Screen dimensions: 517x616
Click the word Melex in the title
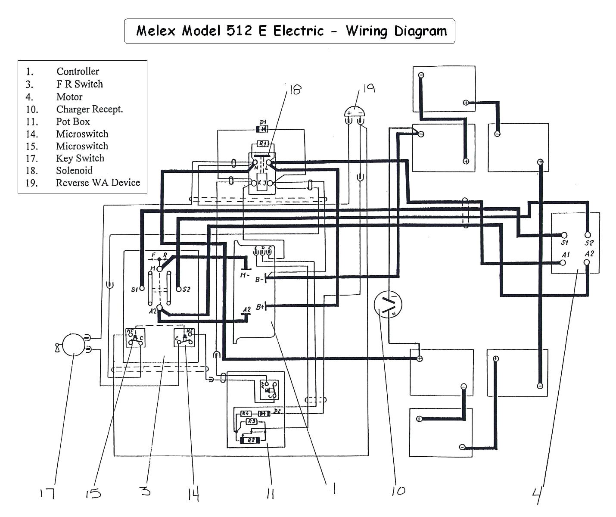tap(156, 31)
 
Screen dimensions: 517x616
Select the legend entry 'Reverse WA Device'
tap(98, 183)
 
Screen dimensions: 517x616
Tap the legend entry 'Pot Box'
tap(73, 121)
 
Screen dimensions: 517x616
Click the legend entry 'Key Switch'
tap(80, 158)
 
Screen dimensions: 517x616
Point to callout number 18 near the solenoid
tap(295, 90)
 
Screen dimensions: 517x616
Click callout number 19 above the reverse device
tap(369, 88)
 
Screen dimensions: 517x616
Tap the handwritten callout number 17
tap(47, 493)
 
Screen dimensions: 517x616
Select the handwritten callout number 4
tap(537, 495)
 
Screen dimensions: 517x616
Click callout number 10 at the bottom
tap(398, 491)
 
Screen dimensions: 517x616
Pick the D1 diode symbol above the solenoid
tap(262, 129)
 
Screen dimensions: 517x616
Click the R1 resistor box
tap(262, 143)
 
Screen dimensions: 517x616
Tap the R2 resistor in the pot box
tap(251, 440)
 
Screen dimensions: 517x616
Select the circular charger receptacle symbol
tap(388, 304)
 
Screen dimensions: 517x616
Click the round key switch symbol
tap(74, 345)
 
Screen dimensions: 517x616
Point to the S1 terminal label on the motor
tap(565, 243)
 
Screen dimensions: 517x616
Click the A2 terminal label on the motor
tap(589, 254)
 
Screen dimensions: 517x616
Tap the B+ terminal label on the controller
tap(260, 307)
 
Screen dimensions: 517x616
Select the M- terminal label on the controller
tap(244, 275)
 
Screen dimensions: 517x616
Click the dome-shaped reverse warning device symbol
tap(355, 112)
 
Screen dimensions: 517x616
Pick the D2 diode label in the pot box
tap(277, 411)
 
